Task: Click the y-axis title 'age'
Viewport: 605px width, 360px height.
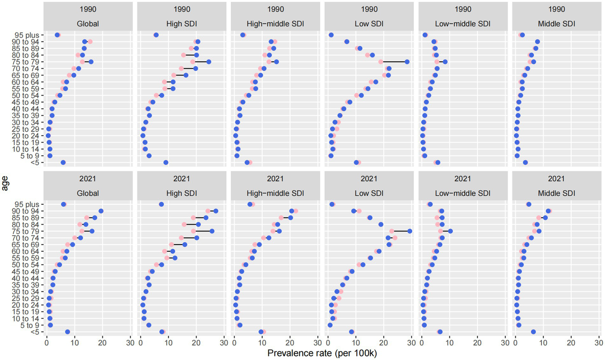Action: (5, 184)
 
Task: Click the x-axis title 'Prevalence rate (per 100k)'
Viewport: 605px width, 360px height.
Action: (322, 353)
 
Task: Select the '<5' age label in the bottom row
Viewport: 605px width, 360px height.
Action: (35, 332)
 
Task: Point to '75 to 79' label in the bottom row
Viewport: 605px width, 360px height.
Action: (24, 231)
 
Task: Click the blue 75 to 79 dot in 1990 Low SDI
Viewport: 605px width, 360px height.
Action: (407, 62)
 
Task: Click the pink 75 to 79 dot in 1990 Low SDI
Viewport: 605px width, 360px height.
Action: (381, 62)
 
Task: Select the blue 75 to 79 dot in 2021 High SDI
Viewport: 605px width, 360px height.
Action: (212, 231)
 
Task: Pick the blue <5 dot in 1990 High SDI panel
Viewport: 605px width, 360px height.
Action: (166, 162)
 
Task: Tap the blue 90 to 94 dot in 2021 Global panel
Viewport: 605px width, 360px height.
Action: (101, 211)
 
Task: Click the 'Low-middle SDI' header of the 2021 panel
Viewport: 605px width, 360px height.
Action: (463, 193)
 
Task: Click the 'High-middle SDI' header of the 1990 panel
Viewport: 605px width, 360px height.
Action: (275, 24)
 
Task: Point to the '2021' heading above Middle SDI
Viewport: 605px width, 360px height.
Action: (556, 179)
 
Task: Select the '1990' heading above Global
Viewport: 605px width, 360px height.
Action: (87, 9)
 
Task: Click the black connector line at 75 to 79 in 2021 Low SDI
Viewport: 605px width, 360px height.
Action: (400, 231)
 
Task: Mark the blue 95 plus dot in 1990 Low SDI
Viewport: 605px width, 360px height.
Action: (331, 35)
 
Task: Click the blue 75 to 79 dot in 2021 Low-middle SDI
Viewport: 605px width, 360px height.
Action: (450, 231)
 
